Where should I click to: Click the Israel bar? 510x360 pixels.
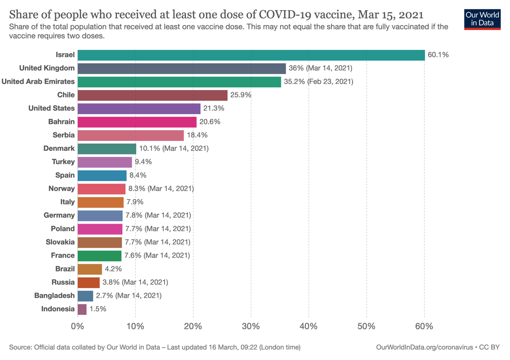coord(251,55)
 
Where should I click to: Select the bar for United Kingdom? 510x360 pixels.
coord(181,68)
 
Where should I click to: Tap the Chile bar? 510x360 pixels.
coord(153,95)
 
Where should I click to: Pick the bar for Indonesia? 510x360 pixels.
coord(82,309)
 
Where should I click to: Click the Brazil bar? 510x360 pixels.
coord(89,269)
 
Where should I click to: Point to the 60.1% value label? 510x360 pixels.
coord(438,55)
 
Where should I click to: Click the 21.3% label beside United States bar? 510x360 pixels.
coord(214,108)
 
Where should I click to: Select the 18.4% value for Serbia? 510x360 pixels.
coord(197,135)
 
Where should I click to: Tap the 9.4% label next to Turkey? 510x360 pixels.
coord(143,162)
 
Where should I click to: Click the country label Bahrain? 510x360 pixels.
coord(61,122)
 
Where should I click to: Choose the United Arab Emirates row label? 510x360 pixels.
coord(38,82)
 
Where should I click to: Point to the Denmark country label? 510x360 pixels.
coord(59,148)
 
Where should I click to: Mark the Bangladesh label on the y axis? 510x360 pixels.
coord(54,296)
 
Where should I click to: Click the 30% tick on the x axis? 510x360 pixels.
coord(251,326)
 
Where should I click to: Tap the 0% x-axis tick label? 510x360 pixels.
coord(77,326)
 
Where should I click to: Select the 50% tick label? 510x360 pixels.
coord(367,326)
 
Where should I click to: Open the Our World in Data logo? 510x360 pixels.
coord(482,19)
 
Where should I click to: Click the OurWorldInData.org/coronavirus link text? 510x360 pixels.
coord(425,347)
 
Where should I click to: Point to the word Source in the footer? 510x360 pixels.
coord(20,347)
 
